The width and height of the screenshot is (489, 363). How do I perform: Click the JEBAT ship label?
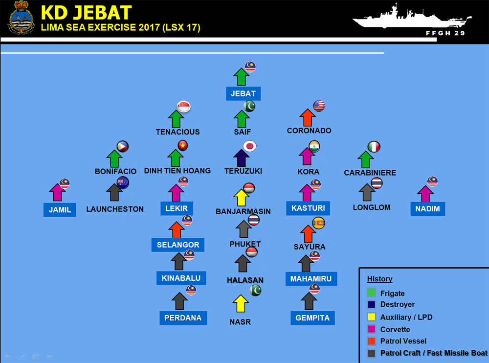point(243,93)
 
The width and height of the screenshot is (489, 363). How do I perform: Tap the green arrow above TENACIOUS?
point(176,119)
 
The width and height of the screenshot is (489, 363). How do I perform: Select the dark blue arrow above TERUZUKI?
point(242,158)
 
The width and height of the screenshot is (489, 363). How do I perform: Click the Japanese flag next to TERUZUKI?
point(250,146)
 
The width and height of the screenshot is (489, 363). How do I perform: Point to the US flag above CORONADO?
point(319,106)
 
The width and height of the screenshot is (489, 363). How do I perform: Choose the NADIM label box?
point(428,209)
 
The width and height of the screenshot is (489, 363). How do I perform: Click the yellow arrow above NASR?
point(241,303)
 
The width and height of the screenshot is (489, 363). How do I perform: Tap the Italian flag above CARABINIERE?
point(374,147)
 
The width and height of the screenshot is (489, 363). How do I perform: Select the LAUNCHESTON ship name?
point(115,209)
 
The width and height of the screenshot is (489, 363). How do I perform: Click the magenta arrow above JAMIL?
point(58,192)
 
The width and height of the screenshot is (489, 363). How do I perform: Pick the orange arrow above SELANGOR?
point(176,230)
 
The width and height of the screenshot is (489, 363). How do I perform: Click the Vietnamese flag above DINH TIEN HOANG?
point(183,145)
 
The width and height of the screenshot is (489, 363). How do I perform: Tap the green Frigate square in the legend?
point(372,294)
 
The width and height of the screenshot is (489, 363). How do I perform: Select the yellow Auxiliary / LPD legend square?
point(372,317)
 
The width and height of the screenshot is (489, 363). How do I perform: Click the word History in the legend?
point(379,279)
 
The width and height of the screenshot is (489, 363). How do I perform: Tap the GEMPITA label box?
point(312,318)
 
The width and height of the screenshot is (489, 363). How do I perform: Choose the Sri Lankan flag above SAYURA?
point(319,223)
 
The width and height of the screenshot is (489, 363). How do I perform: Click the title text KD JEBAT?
point(86,13)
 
